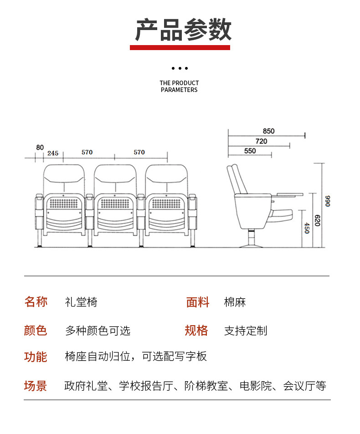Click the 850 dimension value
pos(268,131)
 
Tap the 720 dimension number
pos(261,141)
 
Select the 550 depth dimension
pos(250,151)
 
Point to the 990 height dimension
pos(328,201)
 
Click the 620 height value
pos(317,220)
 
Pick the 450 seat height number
pos(307,228)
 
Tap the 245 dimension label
pos(52,153)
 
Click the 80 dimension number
pos(40,148)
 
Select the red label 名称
pos(36,301)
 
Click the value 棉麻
pos(235,302)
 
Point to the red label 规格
pos(196,331)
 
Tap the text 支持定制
pos(246,331)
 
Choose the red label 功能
pos(36,357)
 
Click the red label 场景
pos(36,386)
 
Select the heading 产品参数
pos(183,30)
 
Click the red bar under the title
pos(180,48)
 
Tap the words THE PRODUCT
pos(179,83)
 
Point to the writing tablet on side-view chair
pos(290,195)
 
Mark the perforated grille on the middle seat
pos(115,204)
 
